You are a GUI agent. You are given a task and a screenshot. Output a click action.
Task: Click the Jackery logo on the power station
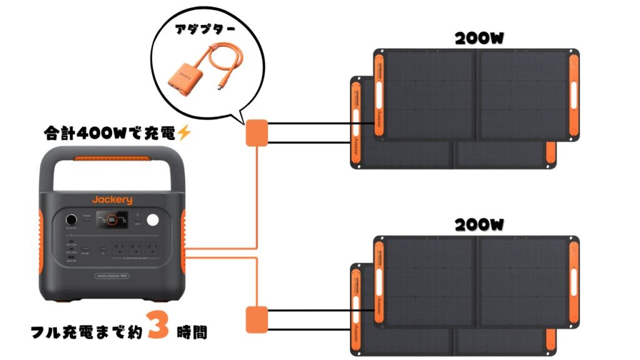point(112,199)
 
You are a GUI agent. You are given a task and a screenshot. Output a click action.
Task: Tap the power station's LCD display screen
point(113,220)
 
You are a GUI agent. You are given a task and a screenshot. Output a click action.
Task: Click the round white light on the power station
point(153,221)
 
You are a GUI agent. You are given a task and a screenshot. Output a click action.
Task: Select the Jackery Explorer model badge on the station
point(112,276)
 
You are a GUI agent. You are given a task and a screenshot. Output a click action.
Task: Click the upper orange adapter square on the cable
point(256,132)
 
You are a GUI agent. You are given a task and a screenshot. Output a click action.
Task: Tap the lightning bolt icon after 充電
point(183,132)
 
